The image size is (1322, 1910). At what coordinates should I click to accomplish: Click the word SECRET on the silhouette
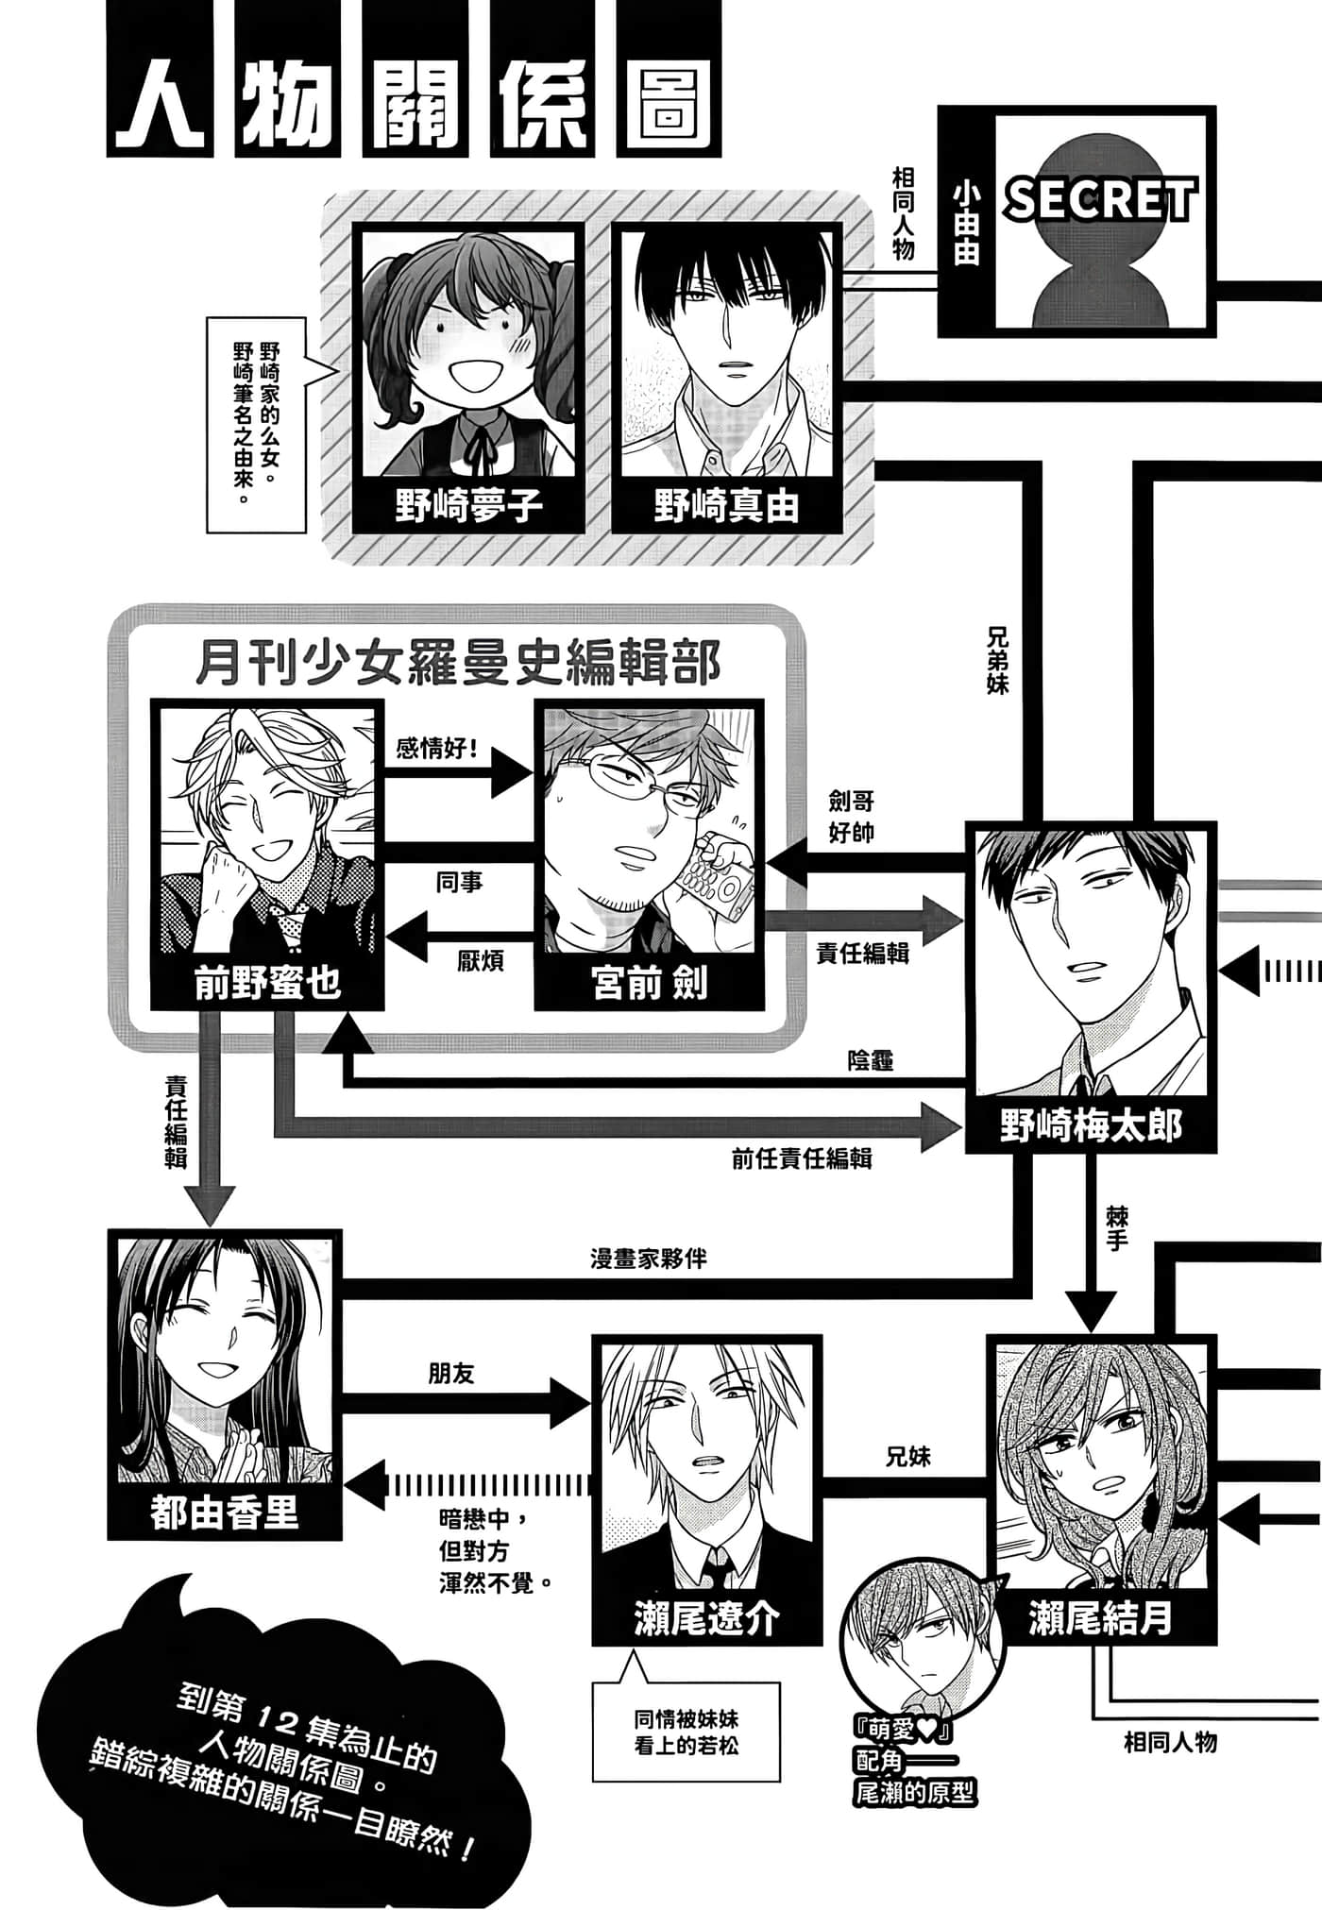pyautogui.click(x=1100, y=200)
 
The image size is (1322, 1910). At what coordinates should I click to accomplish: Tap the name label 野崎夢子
pyautogui.click(x=468, y=507)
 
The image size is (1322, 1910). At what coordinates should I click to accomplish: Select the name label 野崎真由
pyautogui.click(x=726, y=507)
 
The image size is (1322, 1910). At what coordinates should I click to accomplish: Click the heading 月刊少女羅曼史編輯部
pyautogui.click(x=458, y=662)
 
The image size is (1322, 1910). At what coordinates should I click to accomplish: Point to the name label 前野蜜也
pyautogui.click(x=267, y=984)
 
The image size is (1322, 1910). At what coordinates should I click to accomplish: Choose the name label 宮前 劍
pyautogui.click(x=650, y=984)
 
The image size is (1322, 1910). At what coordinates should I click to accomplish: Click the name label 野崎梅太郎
pyautogui.click(x=1091, y=1126)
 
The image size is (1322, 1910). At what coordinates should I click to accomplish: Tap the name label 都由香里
pyautogui.click(x=225, y=1513)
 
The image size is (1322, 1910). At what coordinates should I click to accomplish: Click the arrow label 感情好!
pyautogui.click(x=437, y=748)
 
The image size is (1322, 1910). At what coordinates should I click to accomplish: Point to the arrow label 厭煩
pyautogui.click(x=480, y=961)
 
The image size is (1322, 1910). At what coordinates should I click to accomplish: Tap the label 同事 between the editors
pyautogui.click(x=460, y=883)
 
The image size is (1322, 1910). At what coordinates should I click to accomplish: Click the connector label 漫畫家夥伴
pyautogui.click(x=649, y=1259)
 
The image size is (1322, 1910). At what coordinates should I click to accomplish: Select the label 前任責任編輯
pyautogui.click(x=801, y=1158)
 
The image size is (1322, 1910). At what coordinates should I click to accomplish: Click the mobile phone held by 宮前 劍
pyautogui.click(x=719, y=873)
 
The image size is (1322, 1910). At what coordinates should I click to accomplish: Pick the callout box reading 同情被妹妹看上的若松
pyautogui.click(x=686, y=1733)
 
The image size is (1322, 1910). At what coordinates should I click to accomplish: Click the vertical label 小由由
pyautogui.click(x=966, y=223)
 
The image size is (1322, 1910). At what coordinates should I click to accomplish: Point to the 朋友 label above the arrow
pyautogui.click(x=451, y=1374)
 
